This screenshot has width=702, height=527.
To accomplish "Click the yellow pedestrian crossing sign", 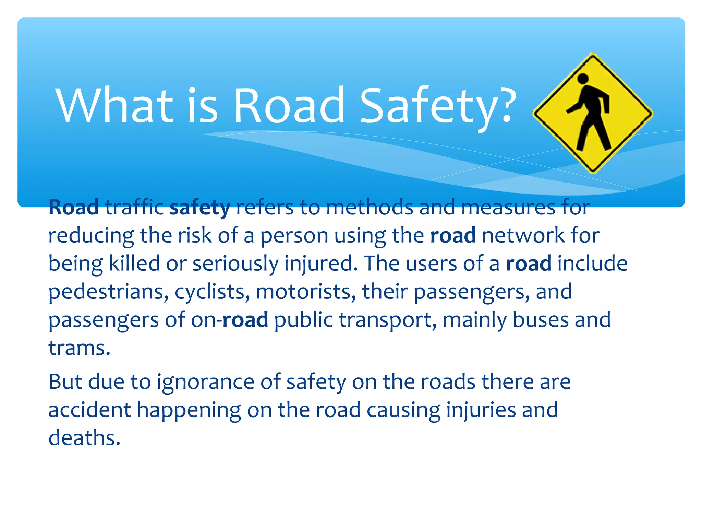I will pyautogui.click(x=593, y=113).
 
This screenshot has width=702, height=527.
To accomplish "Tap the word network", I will pyautogui.click(x=523, y=235).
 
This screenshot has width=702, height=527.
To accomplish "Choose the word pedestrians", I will pyautogui.click(x=108, y=292).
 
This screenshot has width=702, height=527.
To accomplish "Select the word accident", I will pyautogui.click(x=89, y=410).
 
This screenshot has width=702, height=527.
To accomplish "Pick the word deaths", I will pyautogui.click(x=84, y=438).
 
